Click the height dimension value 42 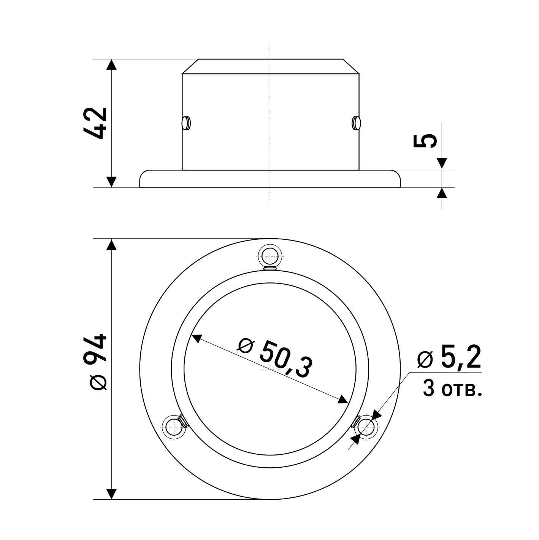(95, 123)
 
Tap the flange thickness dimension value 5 (425, 140)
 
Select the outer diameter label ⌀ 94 (95, 362)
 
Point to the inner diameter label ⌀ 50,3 (275, 359)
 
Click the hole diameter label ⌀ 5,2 (449, 357)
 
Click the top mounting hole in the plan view (270, 256)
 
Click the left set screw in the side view (186, 123)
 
